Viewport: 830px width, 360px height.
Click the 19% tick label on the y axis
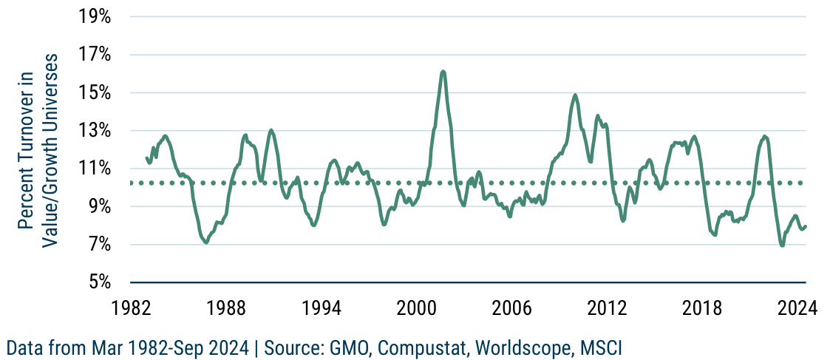pyautogui.click(x=95, y=17)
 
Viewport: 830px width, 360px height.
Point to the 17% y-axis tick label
pyautogui.click(x=95, y=55)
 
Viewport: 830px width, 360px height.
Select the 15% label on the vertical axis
pyautogui.click(x=95, y=93)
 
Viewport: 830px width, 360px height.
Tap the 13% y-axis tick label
pyautogui.click(x=95, y=131)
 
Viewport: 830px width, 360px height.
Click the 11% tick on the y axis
pyautogui.click(x=95, y=169)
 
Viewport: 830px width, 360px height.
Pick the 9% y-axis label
pyautogui.click(x=98, y=207)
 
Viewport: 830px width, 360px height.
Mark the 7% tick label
pyautogui.click(x=98, y=245)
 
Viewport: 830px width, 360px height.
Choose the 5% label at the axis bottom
pyautogui.click(x=98, y=282)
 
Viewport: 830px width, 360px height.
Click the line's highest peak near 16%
pyautogui.click(x=443, y=72)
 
